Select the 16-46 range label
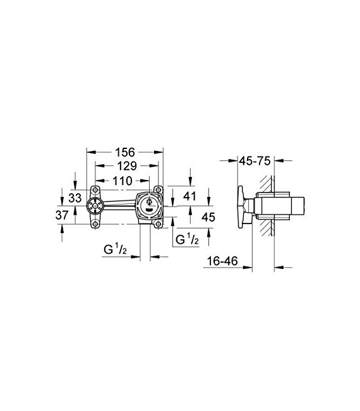pos(224,260)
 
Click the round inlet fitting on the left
pos(96,205)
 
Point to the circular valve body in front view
pos(149,205)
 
